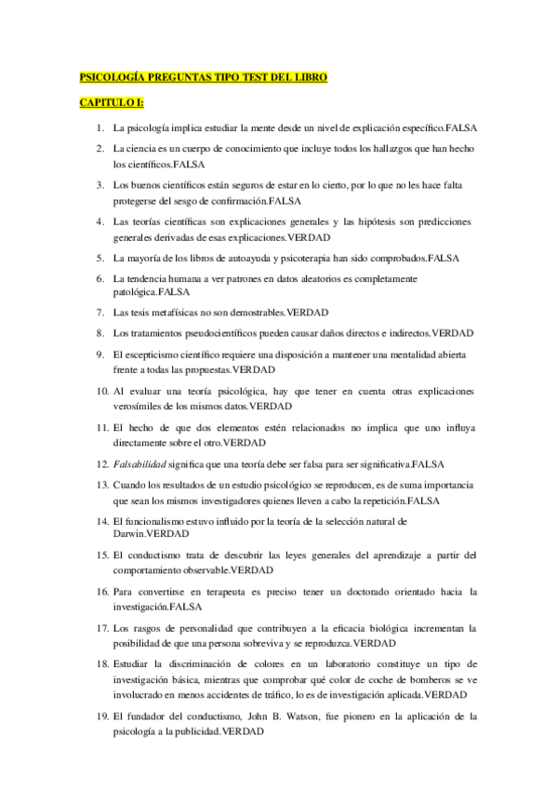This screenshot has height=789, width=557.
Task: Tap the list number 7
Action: coord(99,312)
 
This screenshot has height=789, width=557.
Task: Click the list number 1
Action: coord(99,126)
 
